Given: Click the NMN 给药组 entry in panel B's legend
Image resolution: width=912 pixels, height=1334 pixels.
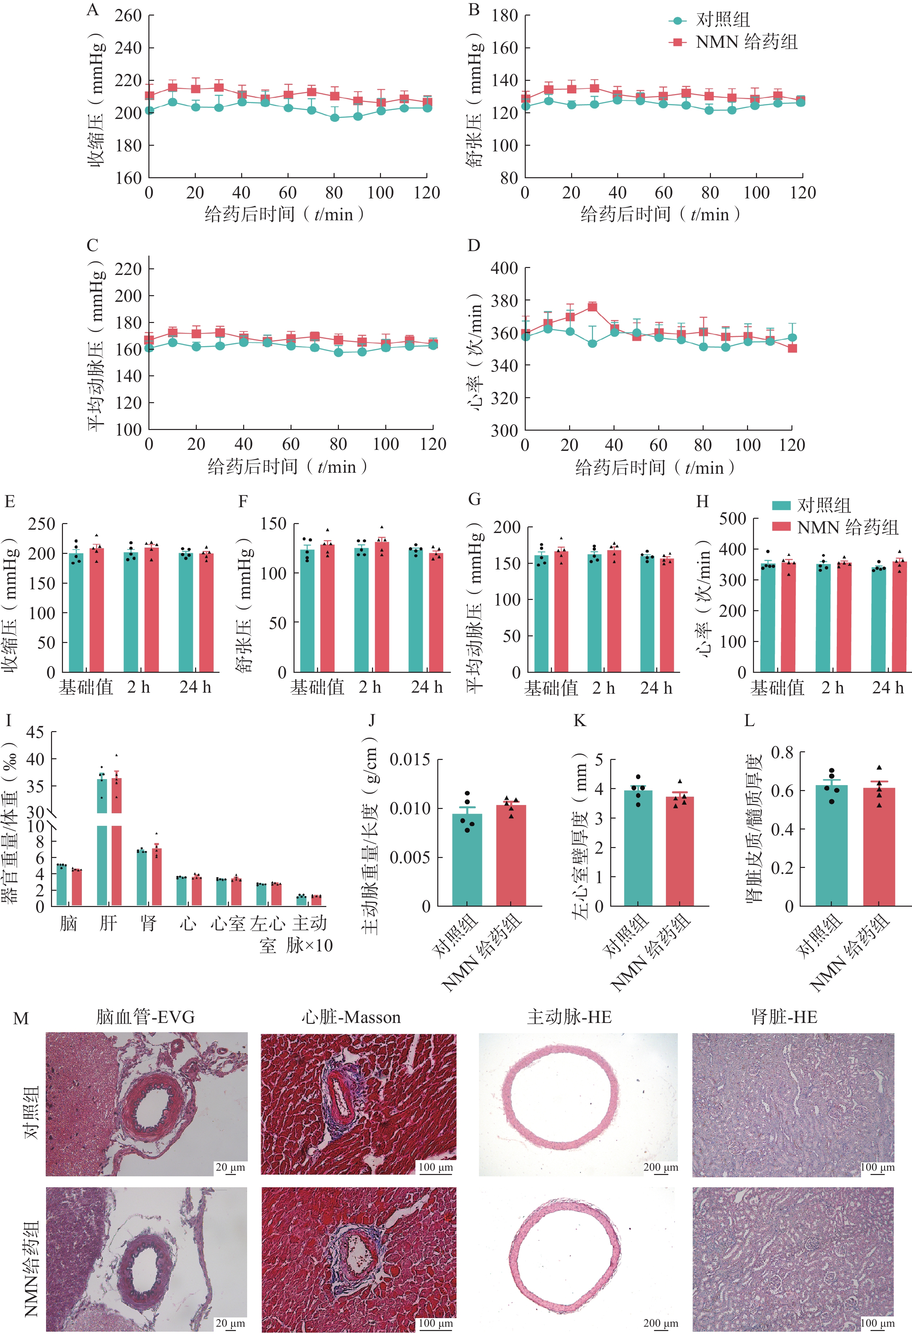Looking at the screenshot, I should pos(746,42).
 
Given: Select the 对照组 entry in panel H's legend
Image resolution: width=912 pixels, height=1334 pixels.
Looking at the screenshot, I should pos(823,505).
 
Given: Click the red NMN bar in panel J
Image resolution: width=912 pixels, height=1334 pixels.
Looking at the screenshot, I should pos(511,855).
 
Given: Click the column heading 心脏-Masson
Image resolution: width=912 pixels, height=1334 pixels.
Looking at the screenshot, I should pos(351,1018).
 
